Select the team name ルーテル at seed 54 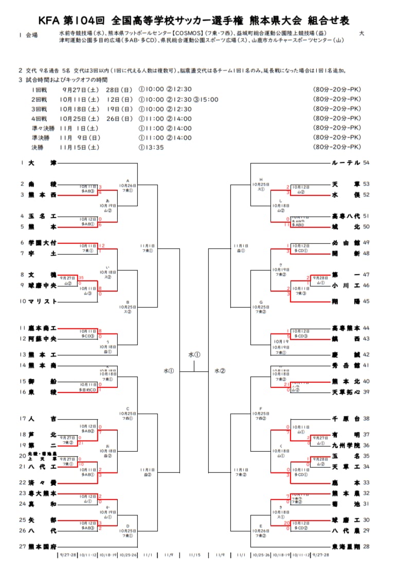click(x=346, y=163)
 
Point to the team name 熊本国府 click(x=42, y=546)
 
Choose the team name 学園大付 click(x=42, y=242)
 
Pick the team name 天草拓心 click(x=346, y=392)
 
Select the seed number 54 click(x=366, y=163)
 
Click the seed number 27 click(x=23, y=546)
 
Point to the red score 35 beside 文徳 click(x=81, y=278)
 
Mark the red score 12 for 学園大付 click(x=102, y=246)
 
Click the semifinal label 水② click(x=220, y=370)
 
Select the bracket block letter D click(x=128, y=526)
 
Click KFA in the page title click(x=49, y=21)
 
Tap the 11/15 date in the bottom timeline click(x=194, y=555)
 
